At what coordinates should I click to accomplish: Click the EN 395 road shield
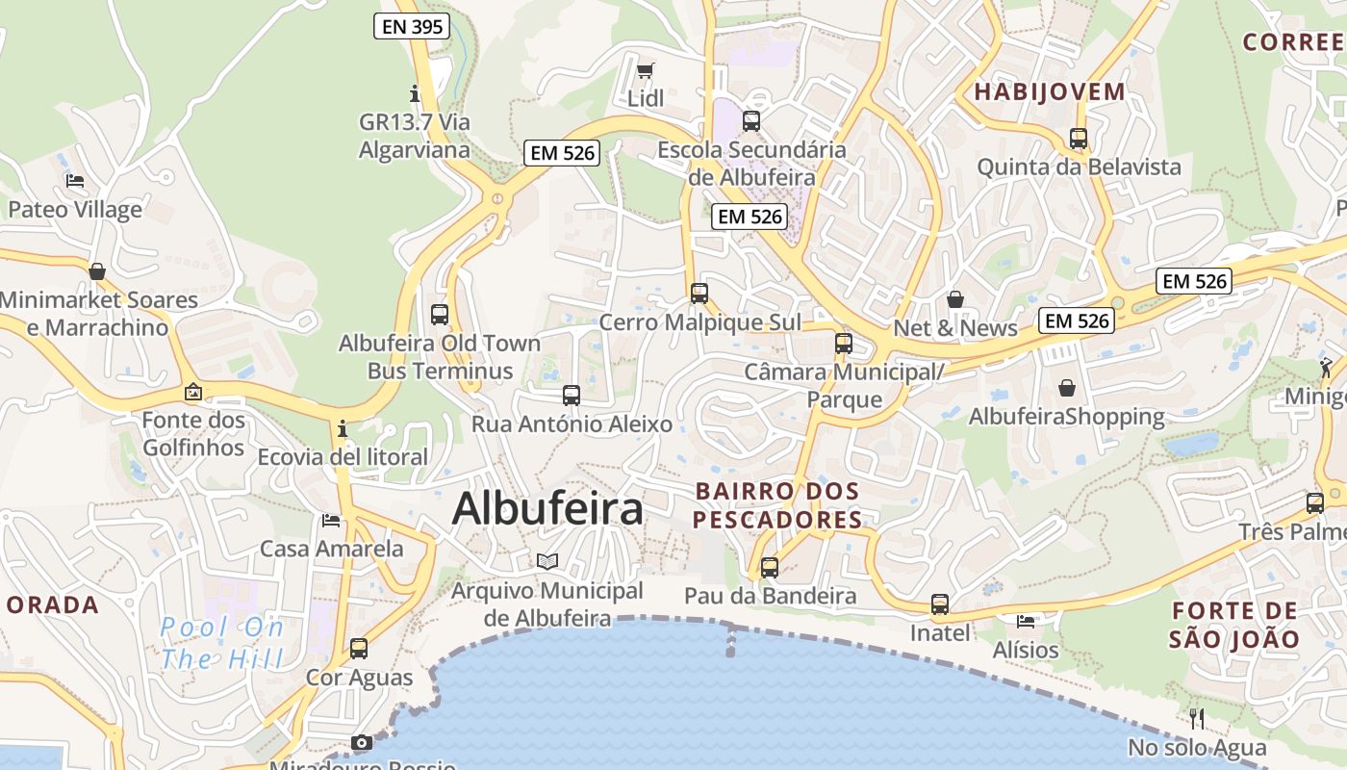[413, 27]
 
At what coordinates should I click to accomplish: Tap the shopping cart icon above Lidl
[645, 70]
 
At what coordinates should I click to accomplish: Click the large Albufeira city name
[547, 508]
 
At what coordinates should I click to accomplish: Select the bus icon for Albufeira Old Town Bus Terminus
[440, 315]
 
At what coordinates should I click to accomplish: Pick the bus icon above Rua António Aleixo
[572, 396]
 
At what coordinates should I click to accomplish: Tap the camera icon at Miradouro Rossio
[362, 742]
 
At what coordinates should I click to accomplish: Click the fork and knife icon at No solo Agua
[1197, 718]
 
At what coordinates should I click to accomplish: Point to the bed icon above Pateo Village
[75, 181]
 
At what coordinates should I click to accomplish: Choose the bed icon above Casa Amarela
[331, 521]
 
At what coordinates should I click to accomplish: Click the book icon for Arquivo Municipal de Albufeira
[547, 561]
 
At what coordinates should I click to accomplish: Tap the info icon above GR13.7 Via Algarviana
[415, 93]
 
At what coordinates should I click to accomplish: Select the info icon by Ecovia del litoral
[342, 428]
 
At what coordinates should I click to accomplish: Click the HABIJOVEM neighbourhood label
[1050, 92]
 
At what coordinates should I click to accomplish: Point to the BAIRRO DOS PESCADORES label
[777, 506]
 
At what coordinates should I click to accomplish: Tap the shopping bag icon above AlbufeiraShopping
[1067, 388]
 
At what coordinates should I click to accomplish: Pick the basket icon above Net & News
[955, 299]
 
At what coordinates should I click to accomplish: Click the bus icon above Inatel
[940, 604]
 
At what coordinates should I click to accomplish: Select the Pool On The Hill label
[222, 644]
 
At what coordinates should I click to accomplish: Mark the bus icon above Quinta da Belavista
[1079, 139]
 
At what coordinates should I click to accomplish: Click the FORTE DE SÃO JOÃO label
[1234, 625]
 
